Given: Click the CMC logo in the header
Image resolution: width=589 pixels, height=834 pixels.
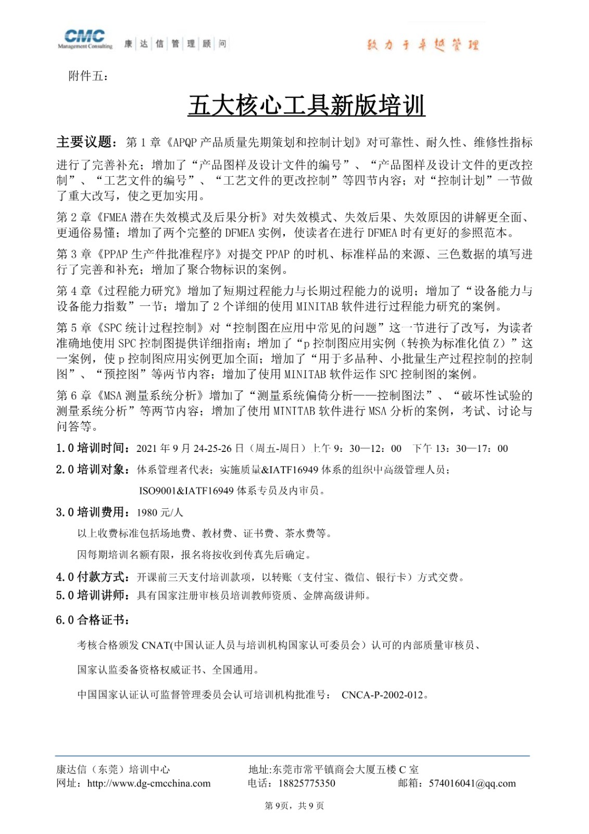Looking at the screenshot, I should (85, 39).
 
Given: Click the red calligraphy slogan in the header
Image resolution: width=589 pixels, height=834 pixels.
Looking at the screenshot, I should (422, 45).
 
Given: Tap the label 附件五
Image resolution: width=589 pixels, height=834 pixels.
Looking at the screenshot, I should (88, 76).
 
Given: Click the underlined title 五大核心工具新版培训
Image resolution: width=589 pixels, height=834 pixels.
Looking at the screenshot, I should (306, 106).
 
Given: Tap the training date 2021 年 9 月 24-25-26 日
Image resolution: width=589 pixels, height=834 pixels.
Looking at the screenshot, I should (190, 449).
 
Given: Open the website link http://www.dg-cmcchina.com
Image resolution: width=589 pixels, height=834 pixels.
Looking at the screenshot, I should (149, 783).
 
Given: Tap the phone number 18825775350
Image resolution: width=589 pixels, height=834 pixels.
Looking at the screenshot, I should (307, 783).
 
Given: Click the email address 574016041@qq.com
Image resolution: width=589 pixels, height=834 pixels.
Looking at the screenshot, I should (472, 783).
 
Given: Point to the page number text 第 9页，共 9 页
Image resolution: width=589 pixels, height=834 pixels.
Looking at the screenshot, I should (294, 806).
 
